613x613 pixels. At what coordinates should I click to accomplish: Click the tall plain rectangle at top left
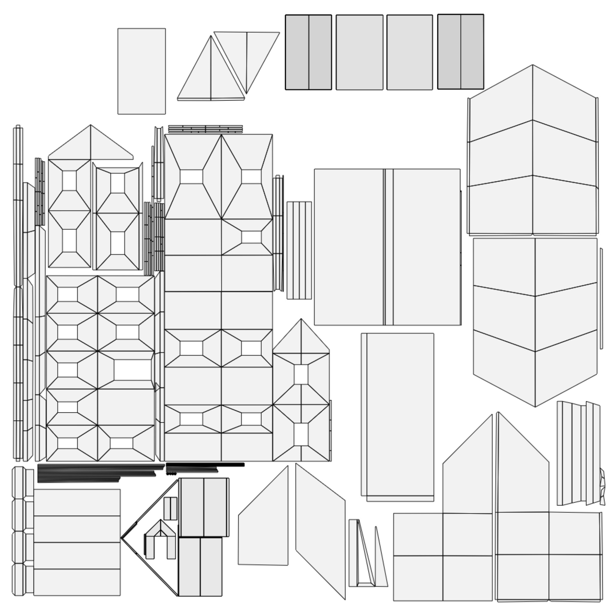(x=142, y=72)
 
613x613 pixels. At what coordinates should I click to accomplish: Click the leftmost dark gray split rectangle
(x=308, y=52)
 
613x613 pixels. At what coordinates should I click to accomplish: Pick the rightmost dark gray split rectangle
(x=460, y=52)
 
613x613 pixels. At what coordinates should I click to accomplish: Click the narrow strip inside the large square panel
(x=388, y=248)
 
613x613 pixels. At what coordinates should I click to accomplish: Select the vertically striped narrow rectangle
(x=299, y=250)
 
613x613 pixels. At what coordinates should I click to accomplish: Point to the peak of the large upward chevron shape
(x=532, y=65)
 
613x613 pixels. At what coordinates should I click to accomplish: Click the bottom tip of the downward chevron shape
(x=535, y=407)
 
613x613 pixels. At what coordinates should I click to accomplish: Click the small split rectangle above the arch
(x=170, y=509)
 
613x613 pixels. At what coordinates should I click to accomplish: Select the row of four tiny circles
(x=171, y=474)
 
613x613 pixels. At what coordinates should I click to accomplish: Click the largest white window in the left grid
(x=133, y=370)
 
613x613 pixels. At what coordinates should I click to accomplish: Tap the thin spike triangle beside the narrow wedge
(x=381, y=559)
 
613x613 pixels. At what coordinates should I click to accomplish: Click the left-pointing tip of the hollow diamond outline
(x=122, y=538)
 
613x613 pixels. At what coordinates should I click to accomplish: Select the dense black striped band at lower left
(x=95, y=473)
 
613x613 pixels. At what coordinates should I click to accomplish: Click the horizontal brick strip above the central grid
(x=205, y=129)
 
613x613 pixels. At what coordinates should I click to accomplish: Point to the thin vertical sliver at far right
(x=601, y=298)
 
